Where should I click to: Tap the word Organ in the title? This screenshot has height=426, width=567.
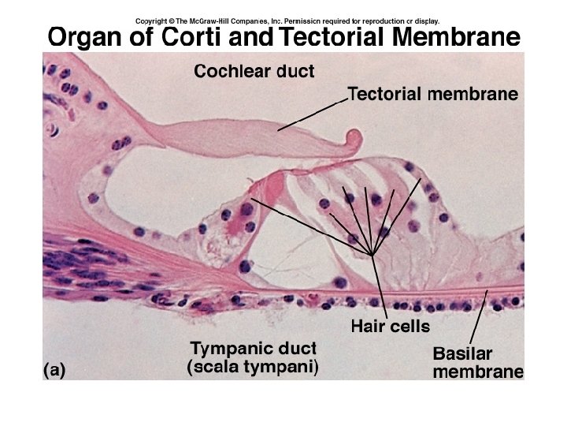(x=86, y=37)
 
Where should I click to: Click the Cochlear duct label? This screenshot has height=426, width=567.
(x=254, y=72)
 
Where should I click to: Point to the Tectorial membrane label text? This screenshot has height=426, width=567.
(x=432, y=95)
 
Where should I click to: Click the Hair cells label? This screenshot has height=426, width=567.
(x=390, y=324)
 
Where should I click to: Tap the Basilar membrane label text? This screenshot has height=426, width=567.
(x=477, y=362)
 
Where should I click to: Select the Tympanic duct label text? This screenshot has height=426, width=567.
(x=252, y=349)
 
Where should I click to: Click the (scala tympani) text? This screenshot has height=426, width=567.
(x=252, y=367)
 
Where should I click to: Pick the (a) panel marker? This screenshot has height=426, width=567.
(x=54, y=369)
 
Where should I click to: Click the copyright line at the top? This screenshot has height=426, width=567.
(x=287, y=21)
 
